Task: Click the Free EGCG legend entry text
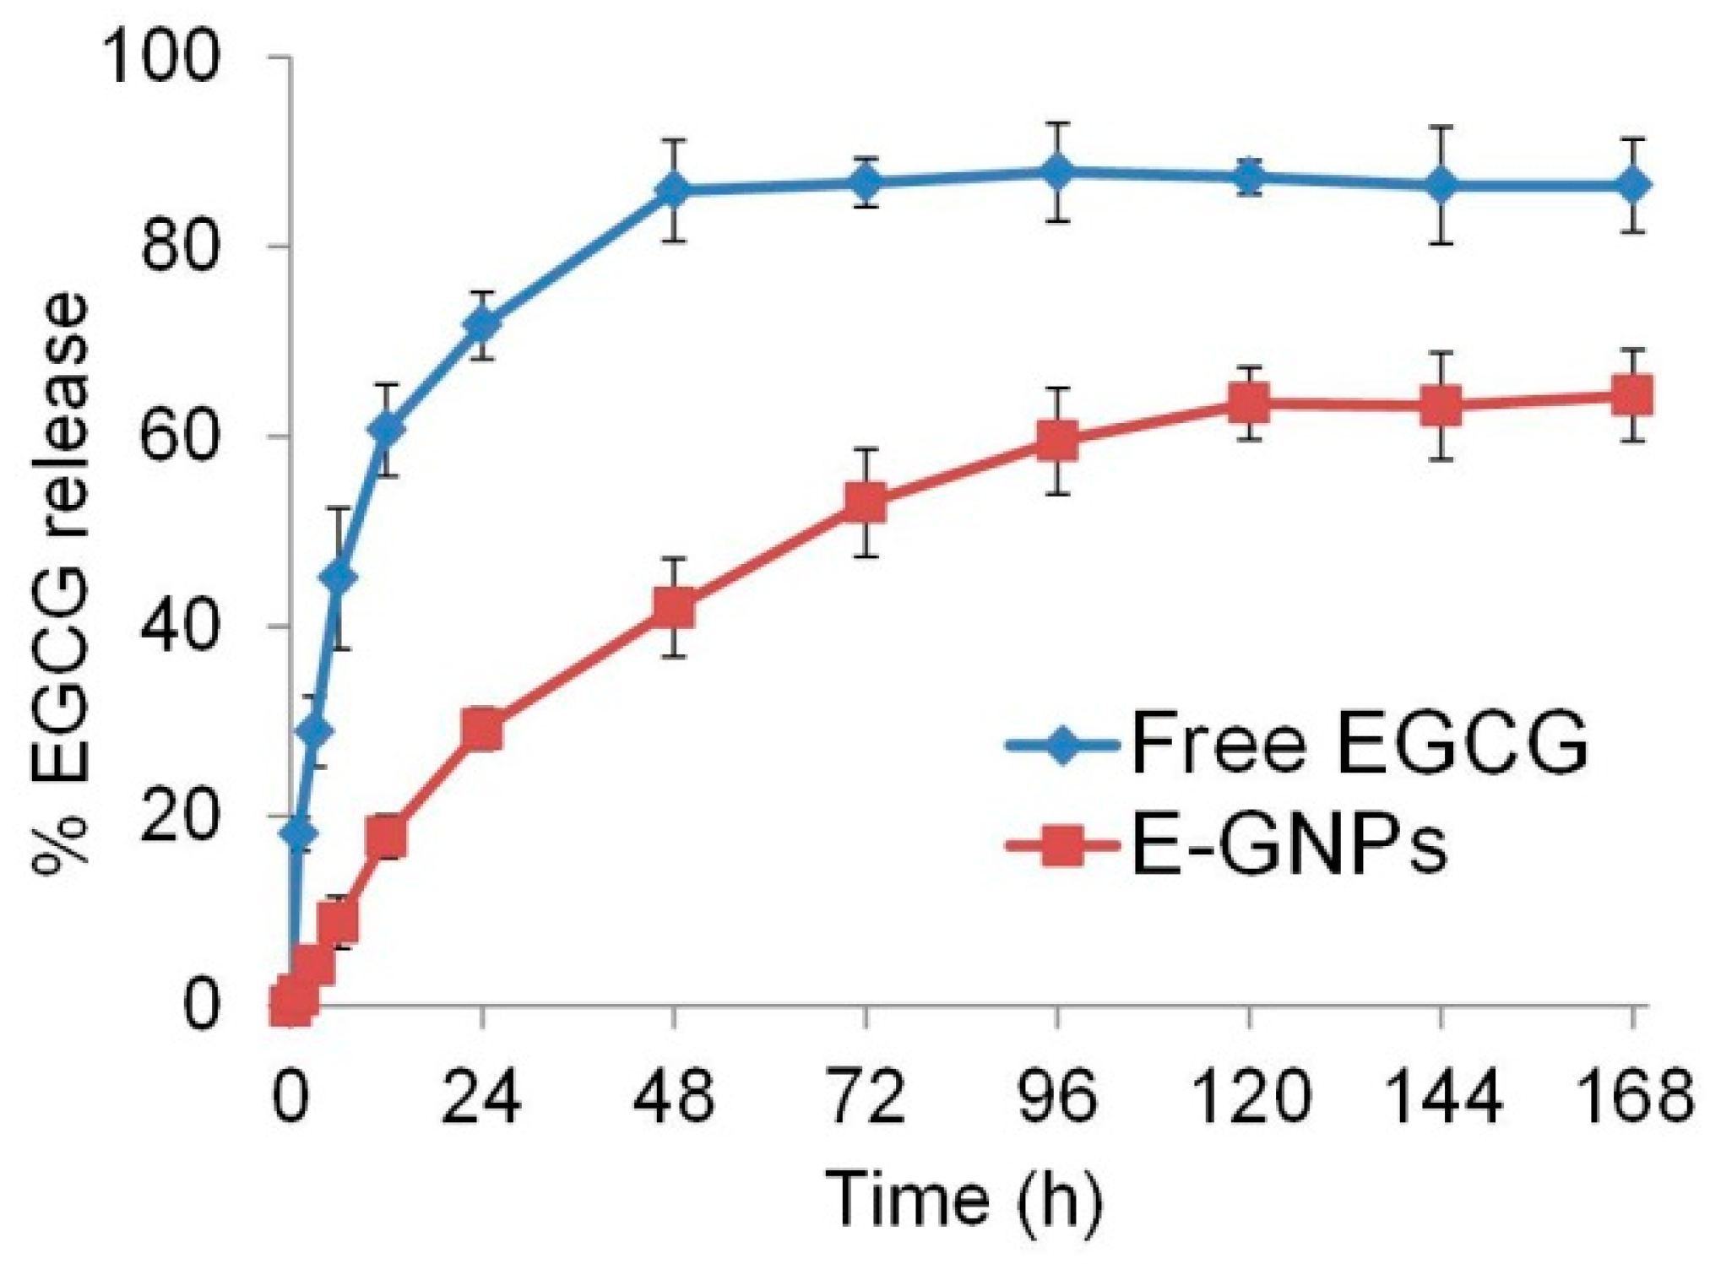pyautogui.click(x=1360, y=743)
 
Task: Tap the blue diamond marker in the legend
pyautogui.click(x=1062, y=743)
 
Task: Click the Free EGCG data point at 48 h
pyautogui.click(x=674, y=190)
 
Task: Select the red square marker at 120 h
pyautogui.click(x=1249, y=403)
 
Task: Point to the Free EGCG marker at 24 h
pyautogui.click(x=482, y=325)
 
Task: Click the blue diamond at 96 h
pyautogui.click(x=1057, y=172)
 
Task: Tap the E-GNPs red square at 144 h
pyautogui.click(x=1441, y=406)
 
